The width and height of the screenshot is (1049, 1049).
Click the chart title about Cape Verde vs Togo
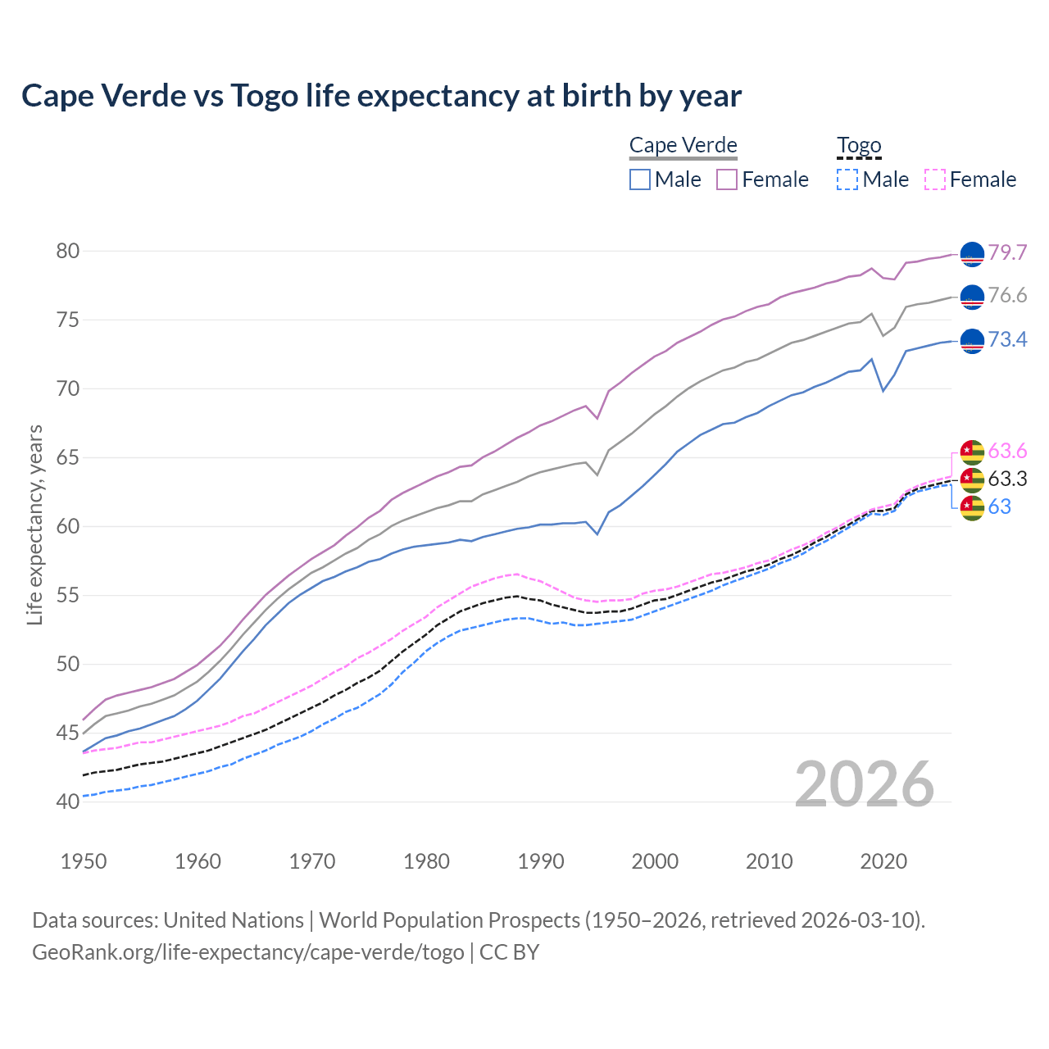(381, 96)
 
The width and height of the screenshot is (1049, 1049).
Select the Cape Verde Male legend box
(640, 179)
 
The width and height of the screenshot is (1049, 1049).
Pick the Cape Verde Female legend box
(727, 179)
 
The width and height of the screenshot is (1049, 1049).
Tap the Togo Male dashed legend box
(847, 179)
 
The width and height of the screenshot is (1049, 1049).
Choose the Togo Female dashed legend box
(935, 179)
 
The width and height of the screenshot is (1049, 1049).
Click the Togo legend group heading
(859, 146)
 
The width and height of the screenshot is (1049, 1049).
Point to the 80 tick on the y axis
(68, 251)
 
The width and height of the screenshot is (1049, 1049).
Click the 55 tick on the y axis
(68, 595)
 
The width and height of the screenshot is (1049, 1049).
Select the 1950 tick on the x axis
(84, 861)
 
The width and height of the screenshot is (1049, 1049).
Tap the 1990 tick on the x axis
(541, 861)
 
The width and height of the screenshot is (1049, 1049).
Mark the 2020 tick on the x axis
(883, 861)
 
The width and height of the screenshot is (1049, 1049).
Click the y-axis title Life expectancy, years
(34, 524)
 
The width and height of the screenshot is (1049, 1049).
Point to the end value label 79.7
(1007, 252)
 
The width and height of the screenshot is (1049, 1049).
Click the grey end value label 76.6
(1007, 295)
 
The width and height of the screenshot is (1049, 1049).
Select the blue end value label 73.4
(1007, 339)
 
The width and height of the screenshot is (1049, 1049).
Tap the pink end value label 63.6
(1007, 451)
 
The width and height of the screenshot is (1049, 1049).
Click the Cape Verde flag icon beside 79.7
(972, 254)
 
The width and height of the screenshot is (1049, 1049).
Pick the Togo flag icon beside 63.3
(972, 479)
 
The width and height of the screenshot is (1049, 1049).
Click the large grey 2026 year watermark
(865, 784)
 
